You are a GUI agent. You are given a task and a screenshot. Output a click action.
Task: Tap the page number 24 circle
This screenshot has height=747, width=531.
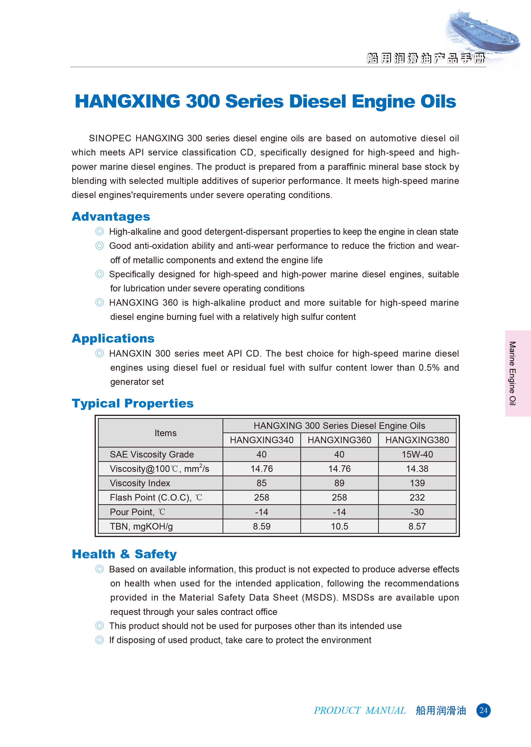483,710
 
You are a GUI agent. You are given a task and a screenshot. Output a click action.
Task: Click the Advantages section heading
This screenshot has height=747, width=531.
111,216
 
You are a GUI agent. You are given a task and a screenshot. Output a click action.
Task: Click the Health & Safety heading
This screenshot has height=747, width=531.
124,554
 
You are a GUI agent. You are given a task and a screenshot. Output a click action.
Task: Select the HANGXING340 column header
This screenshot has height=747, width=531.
261,440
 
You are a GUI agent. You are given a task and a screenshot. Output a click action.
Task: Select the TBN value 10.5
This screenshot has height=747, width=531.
339,526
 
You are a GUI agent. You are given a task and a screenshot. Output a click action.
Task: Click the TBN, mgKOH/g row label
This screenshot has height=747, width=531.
141,526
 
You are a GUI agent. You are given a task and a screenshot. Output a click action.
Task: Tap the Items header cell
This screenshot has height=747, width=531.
165,433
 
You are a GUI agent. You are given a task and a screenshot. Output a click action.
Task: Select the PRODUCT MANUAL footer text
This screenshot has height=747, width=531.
360,710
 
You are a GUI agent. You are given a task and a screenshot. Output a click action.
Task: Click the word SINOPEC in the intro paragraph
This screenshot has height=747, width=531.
110,138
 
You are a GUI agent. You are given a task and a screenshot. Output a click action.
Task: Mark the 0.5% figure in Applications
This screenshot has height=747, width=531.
429,368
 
